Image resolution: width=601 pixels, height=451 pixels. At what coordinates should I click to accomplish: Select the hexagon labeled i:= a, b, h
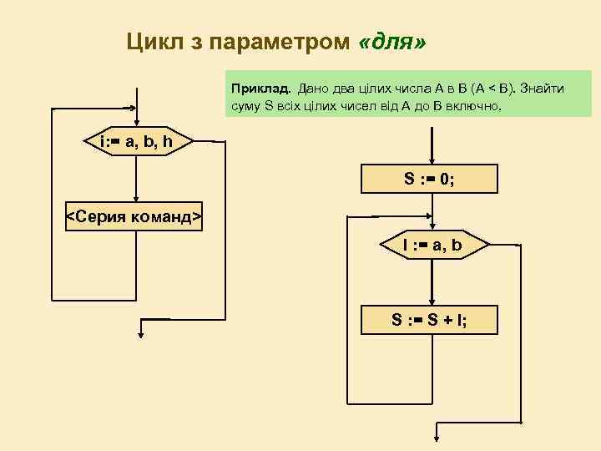[x=136, y=142]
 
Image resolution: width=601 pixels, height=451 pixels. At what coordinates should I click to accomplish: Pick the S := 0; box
[x=429, y=178]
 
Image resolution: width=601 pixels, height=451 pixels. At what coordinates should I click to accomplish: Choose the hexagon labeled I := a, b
[x=432, y=246]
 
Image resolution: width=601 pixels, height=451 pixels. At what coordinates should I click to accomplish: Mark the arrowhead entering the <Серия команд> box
[x=136, y=200]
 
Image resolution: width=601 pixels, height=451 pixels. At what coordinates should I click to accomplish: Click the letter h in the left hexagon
[x=168, y=142]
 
